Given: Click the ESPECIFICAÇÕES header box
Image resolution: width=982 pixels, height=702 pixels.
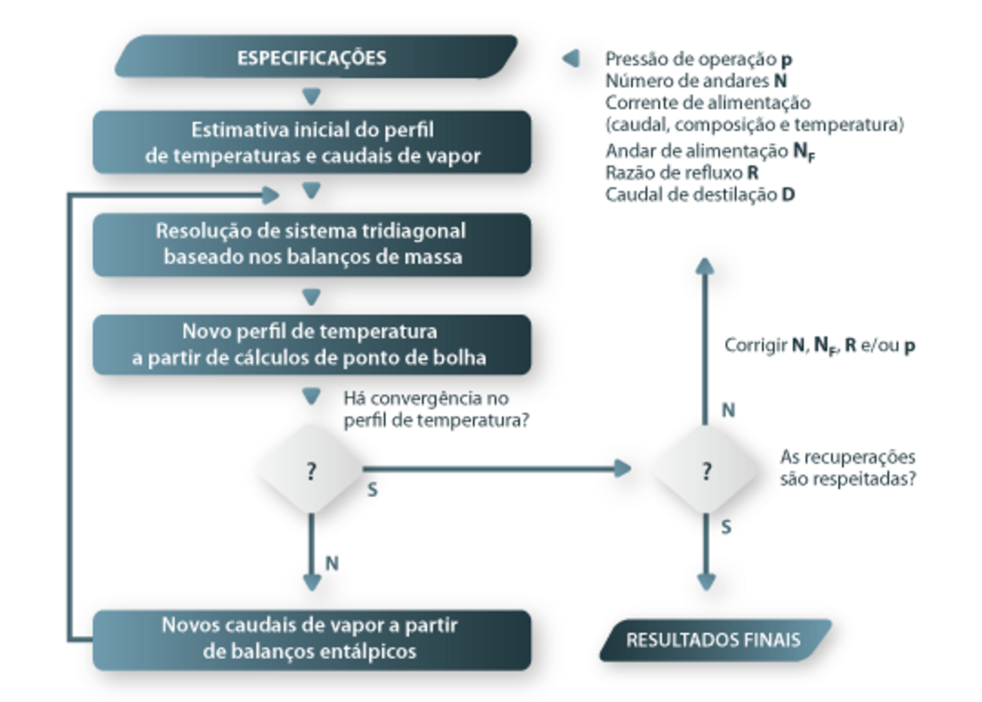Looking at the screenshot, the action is [x=316, y=57].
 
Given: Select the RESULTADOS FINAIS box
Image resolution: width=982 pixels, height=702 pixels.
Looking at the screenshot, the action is [x=716, y=640].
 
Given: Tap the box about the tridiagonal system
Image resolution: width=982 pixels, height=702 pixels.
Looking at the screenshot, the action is [x=312, y=245].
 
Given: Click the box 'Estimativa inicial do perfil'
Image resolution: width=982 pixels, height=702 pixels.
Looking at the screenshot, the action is [x=312, y=142].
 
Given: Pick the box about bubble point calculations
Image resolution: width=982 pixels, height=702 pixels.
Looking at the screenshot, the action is [x=312, y=345].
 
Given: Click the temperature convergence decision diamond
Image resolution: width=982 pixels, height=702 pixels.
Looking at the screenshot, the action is [x=311, y=469].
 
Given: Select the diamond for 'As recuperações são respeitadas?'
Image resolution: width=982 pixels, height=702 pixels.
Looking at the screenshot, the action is [x=706, y=469].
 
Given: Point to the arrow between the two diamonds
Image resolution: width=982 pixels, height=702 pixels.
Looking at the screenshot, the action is [x=497, y=468].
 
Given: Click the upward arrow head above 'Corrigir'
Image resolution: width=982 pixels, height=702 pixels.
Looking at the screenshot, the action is [x=706, y=266].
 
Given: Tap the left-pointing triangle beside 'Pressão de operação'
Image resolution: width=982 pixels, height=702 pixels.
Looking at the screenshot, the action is [x=570, y=58].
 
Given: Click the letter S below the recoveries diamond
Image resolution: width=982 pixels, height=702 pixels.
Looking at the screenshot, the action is [x=726, y=527].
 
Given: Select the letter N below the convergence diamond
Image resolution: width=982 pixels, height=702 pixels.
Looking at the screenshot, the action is [x=332, y=564].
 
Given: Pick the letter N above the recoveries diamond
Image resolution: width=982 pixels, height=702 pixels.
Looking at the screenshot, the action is [x=728, y=410].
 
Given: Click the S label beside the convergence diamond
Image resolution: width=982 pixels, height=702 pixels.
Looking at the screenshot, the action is [x=373, y=490].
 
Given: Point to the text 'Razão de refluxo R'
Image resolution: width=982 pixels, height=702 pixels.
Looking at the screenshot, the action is [x=682, y=172].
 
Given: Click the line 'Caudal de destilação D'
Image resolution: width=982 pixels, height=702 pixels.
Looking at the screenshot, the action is [x=700, y=195].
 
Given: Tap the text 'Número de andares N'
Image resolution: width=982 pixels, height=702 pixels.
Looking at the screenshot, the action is [x=696, y=81].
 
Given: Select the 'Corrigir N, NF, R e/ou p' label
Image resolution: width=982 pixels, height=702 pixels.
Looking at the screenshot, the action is [x=820, y=346].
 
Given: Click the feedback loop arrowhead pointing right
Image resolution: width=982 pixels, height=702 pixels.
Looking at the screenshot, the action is [x=271, y=196].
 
